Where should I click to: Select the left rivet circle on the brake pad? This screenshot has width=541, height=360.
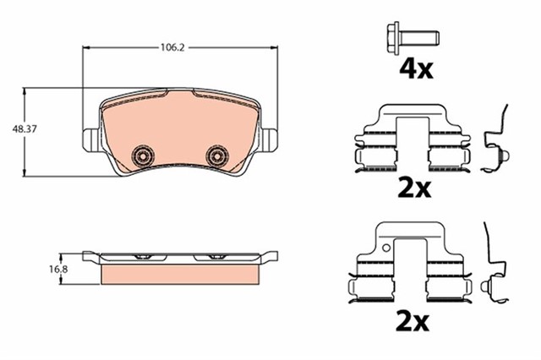pos(143,155)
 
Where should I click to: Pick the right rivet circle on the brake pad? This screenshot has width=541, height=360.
pos(217,155)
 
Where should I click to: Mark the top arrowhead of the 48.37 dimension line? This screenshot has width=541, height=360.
pos(26,90)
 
